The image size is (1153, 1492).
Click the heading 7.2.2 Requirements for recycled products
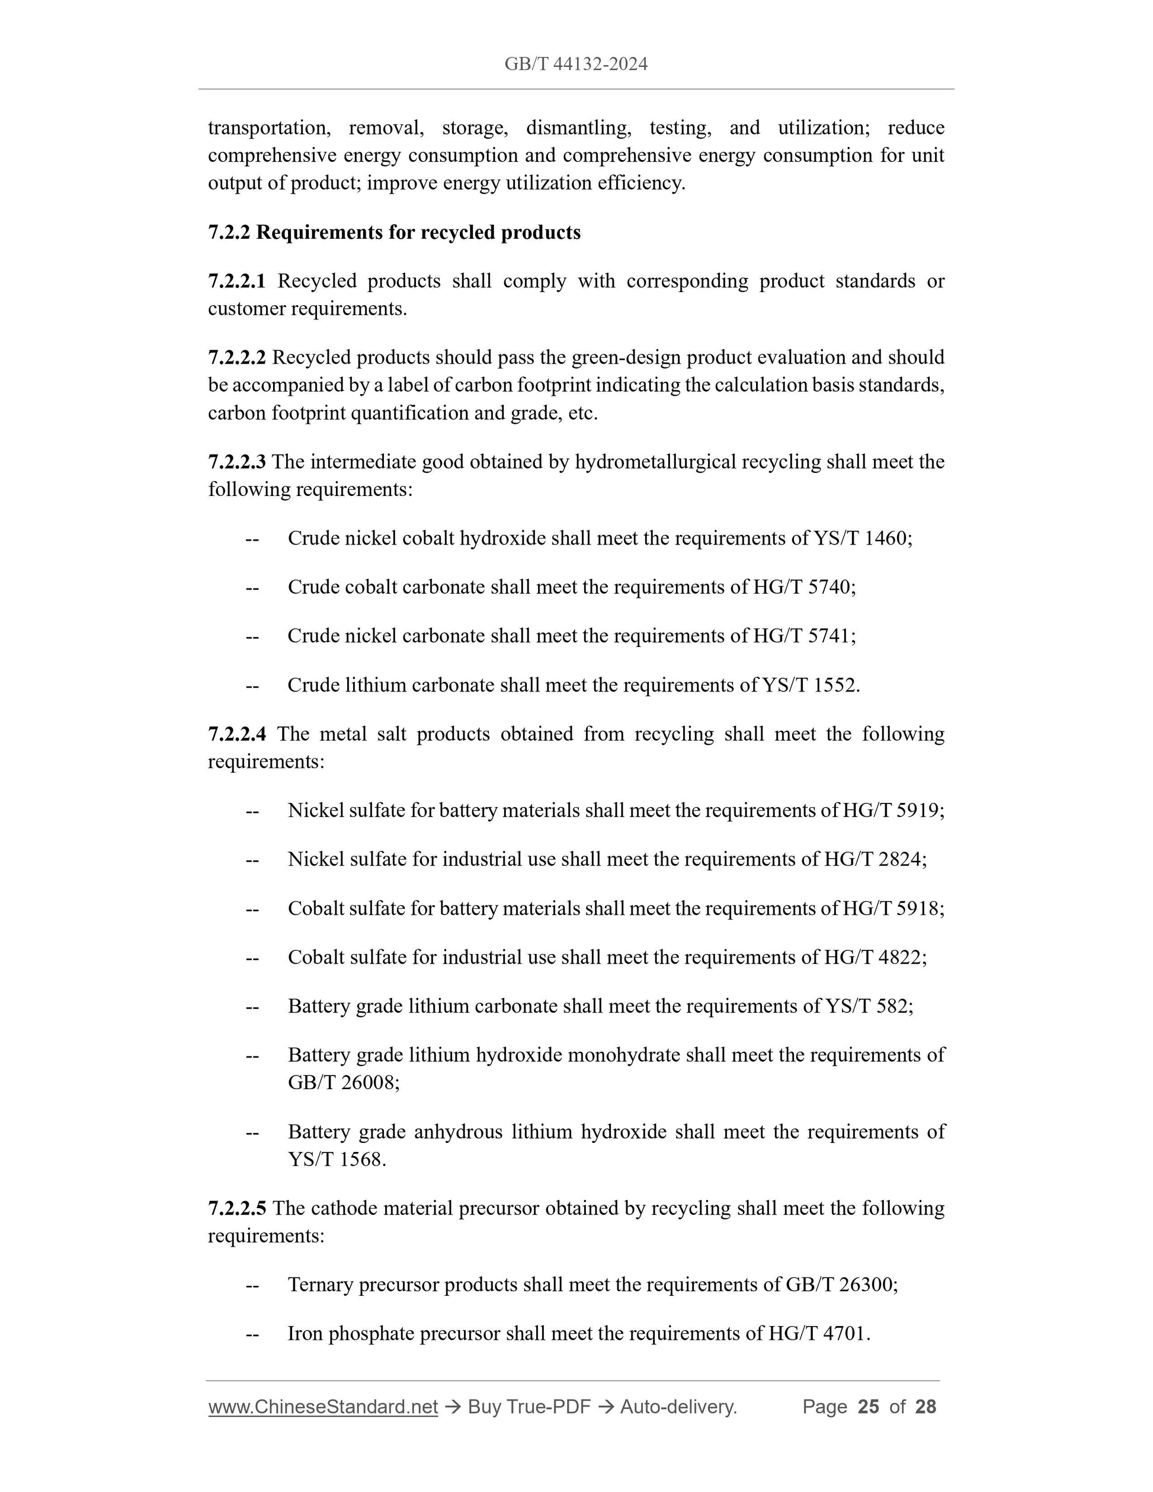[394, 232]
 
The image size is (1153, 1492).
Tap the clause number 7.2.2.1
[236, 281]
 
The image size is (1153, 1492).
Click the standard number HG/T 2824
[873, 859]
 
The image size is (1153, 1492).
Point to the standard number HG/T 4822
[873, 957]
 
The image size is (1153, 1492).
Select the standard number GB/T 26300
[840, 1285]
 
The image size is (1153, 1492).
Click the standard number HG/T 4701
[817, 1334]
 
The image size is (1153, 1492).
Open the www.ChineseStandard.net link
[322, 1407]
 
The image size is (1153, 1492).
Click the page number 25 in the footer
[868, 1407]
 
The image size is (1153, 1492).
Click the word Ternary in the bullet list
[321, 1285]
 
